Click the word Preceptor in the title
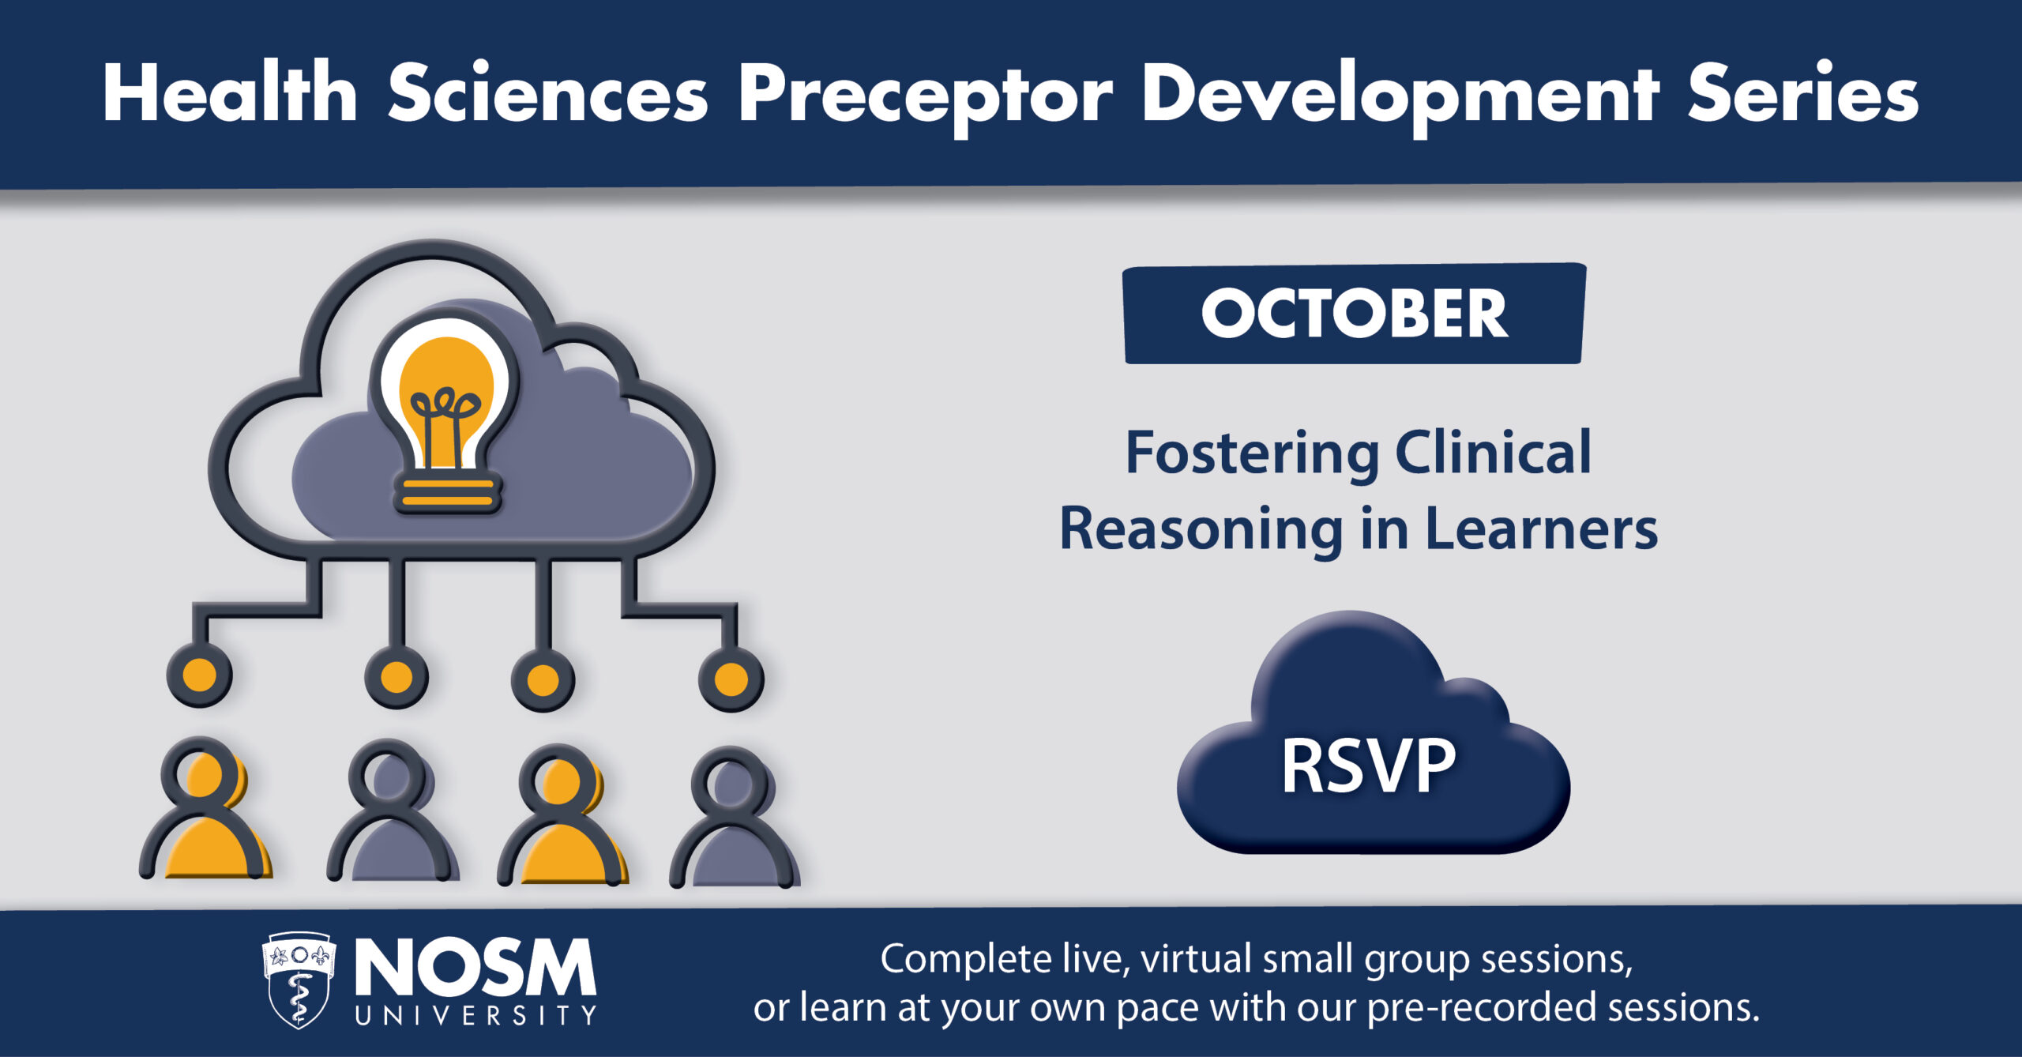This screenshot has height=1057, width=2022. click(x=926, y=97)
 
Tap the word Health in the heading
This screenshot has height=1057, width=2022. click(x=231, y=92)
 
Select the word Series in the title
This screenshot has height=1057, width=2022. click(x=1804, y=92)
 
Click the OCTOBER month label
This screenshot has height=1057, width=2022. click(x=1355, y=314)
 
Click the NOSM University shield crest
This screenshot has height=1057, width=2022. click(x=299, y=980)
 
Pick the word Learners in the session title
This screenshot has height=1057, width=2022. click(x=1541, y=529)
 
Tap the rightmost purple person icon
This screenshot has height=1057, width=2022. click(x=735, y=818)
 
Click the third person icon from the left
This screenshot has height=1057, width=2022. click(x=563, y=814)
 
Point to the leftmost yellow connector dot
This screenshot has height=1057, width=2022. click(x=200, y=676)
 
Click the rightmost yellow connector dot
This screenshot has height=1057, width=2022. click(x=731, y=679)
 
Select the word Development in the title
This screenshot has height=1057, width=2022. click(x=1401, y=97)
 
